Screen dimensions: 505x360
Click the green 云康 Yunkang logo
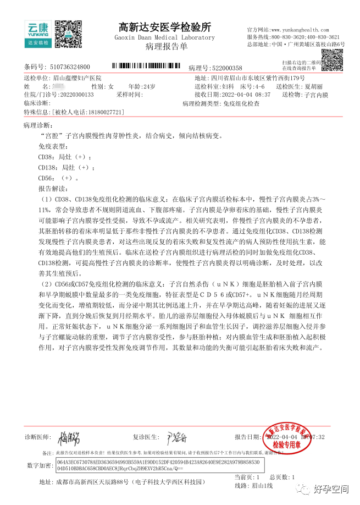(37, 32)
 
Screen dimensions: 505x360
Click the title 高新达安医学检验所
(165, 27)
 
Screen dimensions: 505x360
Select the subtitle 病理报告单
(165, 47)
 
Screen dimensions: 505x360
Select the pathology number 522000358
(223, 68)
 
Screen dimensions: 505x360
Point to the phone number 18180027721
(103, 112)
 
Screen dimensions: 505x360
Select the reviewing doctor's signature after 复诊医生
(177, 438)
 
